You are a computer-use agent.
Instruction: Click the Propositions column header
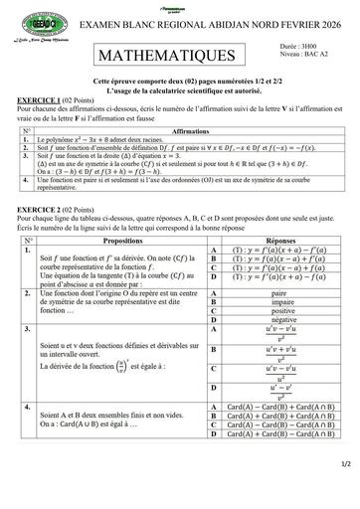pos(122,240)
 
